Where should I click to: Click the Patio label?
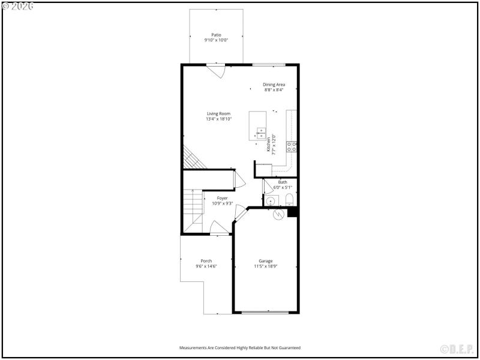(x=216, y=35)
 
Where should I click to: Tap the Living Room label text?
(x=219, y=113)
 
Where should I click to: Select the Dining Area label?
(x=274, y=85)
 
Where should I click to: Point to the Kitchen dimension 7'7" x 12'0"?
(x=274, y=145)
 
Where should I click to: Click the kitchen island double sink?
(x=262, y=133)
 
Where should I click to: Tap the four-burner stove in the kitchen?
(x=291, y=146)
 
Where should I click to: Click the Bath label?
(x=283, y=182)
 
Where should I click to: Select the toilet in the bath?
(x=289, y=200)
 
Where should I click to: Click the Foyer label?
(x=222, y=198)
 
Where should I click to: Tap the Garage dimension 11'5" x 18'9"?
(x=266, y=266)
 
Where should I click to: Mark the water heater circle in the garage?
(x=278, y=214)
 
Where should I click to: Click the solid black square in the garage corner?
(x=292, y=212)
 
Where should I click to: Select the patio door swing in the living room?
(x=216, y=71)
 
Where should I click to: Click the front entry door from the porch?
(x=219, y=228)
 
